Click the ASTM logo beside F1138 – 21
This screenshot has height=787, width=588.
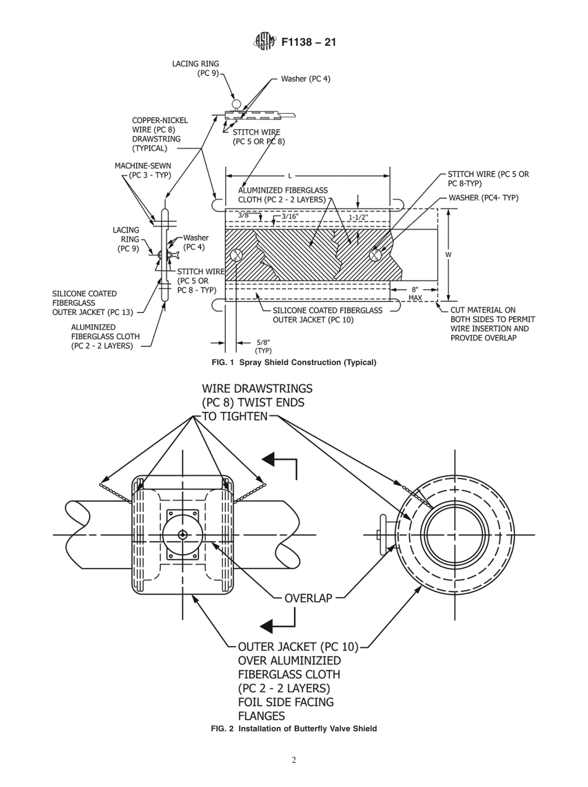[262, 43]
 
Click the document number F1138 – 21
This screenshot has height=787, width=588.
[308, 43]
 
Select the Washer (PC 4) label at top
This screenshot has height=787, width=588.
[306, 79]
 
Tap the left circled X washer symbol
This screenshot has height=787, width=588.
[237, 255]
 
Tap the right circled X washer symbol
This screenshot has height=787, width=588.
[375, 255]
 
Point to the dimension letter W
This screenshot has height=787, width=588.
[448, 254]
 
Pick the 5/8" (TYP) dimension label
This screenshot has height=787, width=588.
[263, 346]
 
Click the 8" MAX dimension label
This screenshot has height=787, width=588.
[415, 293]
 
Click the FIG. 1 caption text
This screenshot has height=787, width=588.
[293, 362]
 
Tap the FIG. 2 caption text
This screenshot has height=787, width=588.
[293, 728]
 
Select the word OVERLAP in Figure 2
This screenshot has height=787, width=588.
[308, 598]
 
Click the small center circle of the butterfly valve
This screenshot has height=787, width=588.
[183, 535]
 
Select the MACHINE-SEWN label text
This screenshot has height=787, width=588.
[143, 166]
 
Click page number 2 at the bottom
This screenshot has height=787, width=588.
[293, 760]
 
